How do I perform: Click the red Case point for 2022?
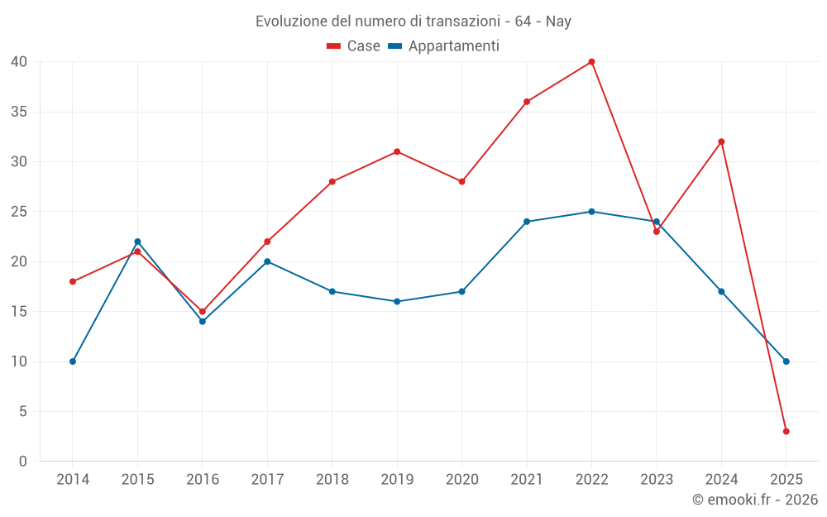click(591, 62)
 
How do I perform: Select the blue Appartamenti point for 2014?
click(73, 361)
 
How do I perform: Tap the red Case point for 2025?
click(786, 431)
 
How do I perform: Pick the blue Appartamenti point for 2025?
click(786, 361)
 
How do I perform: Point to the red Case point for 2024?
click(721, 141)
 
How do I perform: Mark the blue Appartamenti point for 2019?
click(397, 301)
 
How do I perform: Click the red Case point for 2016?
click(203, 312)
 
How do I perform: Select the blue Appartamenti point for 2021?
click(527, 222)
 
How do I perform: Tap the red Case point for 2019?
click(397, 151)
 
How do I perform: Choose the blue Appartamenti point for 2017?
click(267, 261)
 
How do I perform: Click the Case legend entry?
click(354, 46)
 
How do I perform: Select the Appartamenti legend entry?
click(444, 46)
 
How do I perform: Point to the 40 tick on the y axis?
click(20, 62)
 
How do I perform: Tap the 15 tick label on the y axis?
click(20, 312)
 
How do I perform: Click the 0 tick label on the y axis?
click(23, 462)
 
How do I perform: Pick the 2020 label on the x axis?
click(461, 480)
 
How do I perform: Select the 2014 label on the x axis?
click(73, 480)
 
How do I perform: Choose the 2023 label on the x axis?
click(657, 480)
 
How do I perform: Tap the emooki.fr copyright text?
click(755, 500)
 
